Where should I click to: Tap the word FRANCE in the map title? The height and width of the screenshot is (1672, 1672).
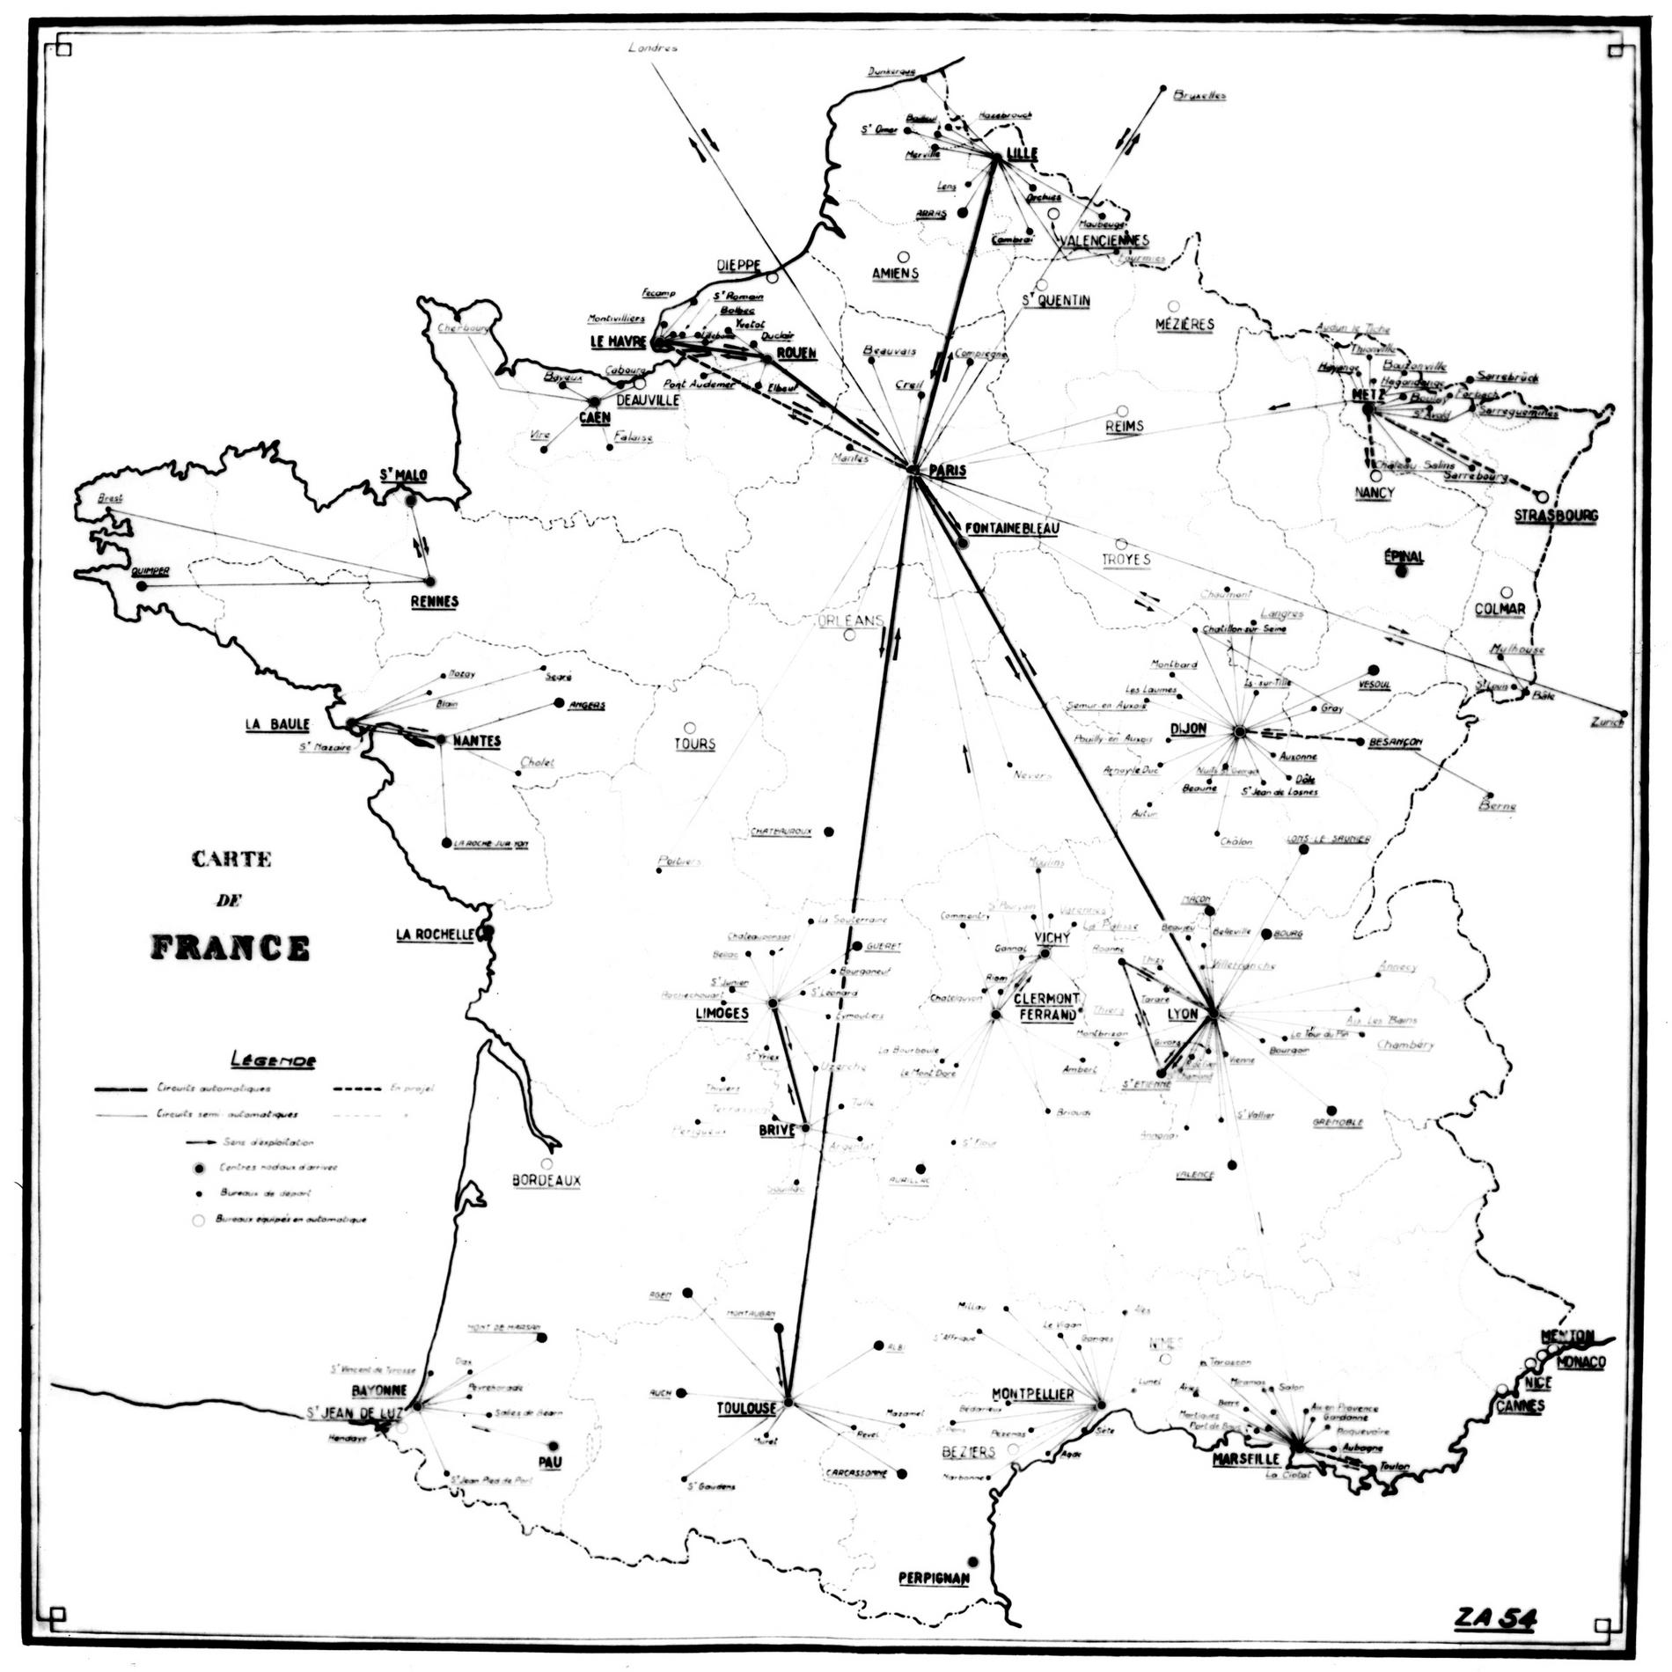coord(231,947)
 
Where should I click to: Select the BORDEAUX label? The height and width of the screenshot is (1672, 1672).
coord(546,1180)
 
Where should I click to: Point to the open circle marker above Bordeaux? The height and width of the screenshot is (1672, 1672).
coord(546,1163)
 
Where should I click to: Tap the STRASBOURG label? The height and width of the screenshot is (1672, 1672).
coord(1556,516)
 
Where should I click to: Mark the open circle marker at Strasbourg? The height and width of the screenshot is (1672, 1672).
coord(1543,497)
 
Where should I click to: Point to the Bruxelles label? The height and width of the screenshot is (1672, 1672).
coord(1199,96)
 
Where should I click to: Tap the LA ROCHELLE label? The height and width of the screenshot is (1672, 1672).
coord(436,935)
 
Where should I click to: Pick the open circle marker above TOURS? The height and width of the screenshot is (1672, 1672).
coord(690,728)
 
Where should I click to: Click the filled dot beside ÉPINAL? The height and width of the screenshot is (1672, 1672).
coord(1402,571)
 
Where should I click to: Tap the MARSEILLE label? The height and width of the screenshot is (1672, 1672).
coord(1243,1458)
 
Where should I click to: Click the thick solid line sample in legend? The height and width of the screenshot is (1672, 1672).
coord(121,1089)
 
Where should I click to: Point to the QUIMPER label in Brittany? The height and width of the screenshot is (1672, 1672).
coord(149,571)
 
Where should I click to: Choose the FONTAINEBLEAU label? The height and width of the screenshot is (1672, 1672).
coord(1011,528)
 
